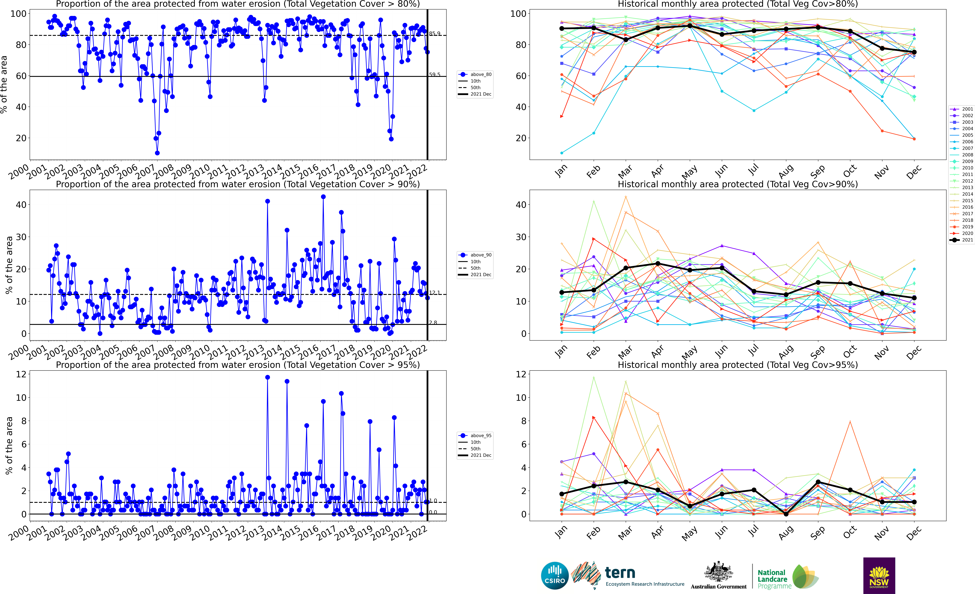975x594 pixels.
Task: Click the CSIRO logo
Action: coord(555,575)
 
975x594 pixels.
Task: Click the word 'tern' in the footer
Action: coord(620,573)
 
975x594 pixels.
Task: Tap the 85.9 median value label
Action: coord(435,34)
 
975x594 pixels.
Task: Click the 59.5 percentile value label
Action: coord(435,75)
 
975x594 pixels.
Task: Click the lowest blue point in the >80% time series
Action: coord(157,153)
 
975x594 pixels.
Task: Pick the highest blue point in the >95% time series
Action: coord(267,377)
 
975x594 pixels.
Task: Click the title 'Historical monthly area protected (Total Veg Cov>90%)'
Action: coord(738,184)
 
